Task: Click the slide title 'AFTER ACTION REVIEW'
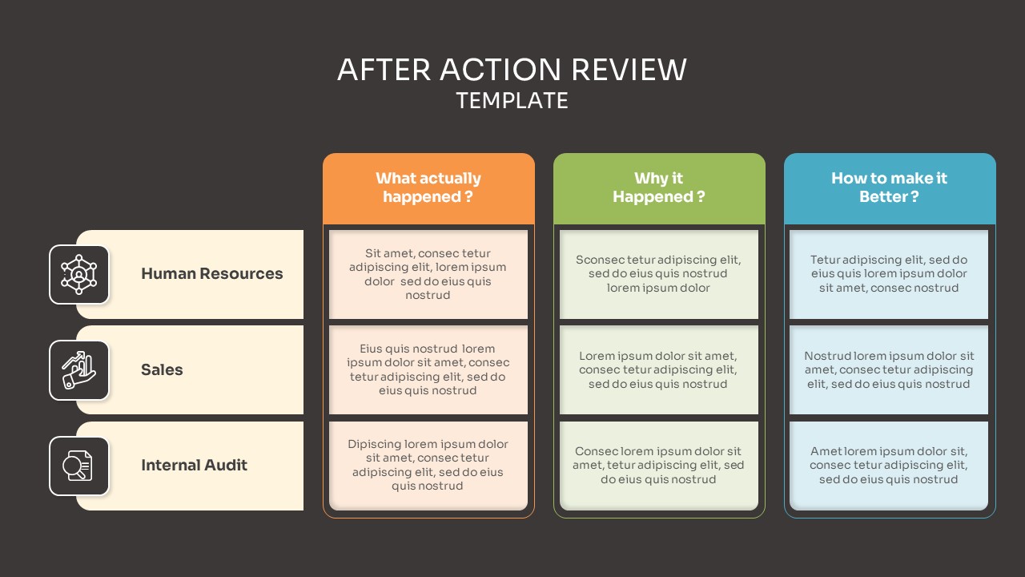coord(512,70)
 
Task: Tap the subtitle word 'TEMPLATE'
coord(512,101)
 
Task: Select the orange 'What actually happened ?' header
coord(428,188)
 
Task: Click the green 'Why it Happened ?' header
coord(659,188)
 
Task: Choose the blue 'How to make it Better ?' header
coord(889,188)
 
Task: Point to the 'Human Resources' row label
coord(211,274)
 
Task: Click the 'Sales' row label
coord(162,370)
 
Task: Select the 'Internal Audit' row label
coord(194,466)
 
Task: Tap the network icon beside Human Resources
coord(79,274)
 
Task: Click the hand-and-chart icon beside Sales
coord(79,370)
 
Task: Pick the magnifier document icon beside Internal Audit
coord(79,466)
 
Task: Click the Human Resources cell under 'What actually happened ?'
coord(428,274)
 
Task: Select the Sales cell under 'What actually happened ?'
coord(428,369)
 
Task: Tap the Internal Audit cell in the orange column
coord(428,465)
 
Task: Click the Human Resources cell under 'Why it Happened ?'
coord(659,274)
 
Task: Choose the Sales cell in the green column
coord(659,369)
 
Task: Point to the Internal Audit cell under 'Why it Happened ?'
coord(659,465)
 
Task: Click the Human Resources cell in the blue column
coord(889,274)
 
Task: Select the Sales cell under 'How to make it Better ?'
coord(889,369)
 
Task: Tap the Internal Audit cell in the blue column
coord(889,465)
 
